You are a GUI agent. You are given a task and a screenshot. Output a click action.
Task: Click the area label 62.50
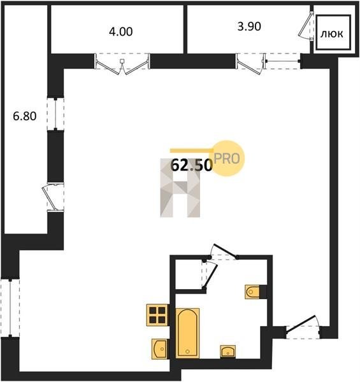point(191,166)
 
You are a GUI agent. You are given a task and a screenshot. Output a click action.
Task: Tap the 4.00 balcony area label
point(121,32)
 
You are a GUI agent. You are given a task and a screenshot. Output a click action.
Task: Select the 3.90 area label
point(249,26)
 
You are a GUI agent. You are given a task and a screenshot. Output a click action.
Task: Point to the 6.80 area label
point(25,116)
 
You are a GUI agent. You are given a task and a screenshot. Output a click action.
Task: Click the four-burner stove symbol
point(157,315)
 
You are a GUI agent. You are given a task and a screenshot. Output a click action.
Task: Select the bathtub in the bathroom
point(187,333)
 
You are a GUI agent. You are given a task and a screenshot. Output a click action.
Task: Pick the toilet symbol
point(256,292)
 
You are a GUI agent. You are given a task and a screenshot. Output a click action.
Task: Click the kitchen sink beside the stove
point(160,349)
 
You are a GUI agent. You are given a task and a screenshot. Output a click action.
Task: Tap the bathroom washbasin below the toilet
point(228,351)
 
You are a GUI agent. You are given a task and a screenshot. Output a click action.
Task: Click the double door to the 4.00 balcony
point(122,63)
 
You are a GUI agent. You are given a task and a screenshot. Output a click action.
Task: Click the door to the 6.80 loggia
point(53,198)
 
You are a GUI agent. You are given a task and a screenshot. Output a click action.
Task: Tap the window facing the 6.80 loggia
point(55,114)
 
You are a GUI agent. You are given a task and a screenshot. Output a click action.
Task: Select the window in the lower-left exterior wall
point(10,308)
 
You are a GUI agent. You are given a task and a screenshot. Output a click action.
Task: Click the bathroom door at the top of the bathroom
point(223,251)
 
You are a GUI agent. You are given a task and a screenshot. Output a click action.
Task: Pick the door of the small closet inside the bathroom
point(209,275)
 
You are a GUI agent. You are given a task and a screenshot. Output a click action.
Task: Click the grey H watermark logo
point(180,188)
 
